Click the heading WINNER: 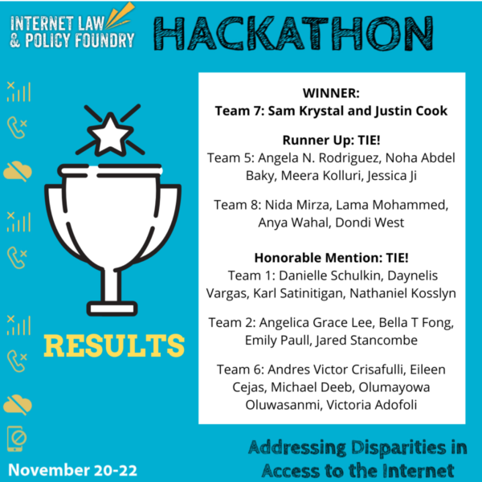[331, 92]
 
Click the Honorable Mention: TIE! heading [331, 258]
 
